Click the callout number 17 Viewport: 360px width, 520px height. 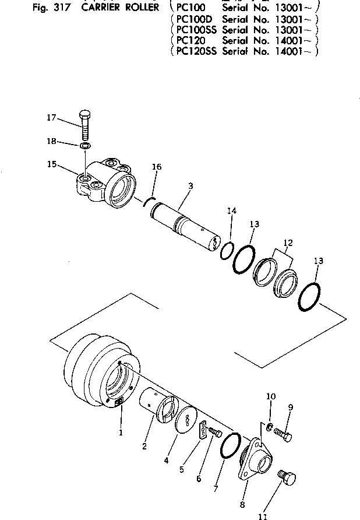click(51, 117)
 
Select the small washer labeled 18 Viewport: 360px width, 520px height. click(85, 145)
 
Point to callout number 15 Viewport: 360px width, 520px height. click(51, 164)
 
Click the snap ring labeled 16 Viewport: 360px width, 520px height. click(149, 201)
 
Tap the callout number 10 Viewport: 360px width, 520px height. click(270, 396)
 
